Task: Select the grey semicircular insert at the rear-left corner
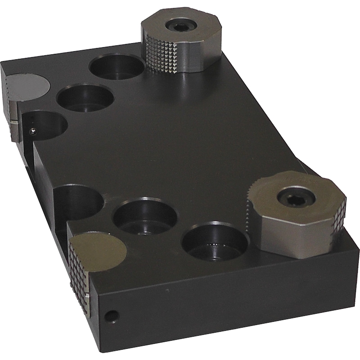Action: (x=27, y=85)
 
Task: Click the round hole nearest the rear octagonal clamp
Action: (x=116, y=67)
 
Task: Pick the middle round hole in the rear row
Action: (x=85, y=98)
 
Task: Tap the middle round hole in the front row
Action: (x=144, y=216)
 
